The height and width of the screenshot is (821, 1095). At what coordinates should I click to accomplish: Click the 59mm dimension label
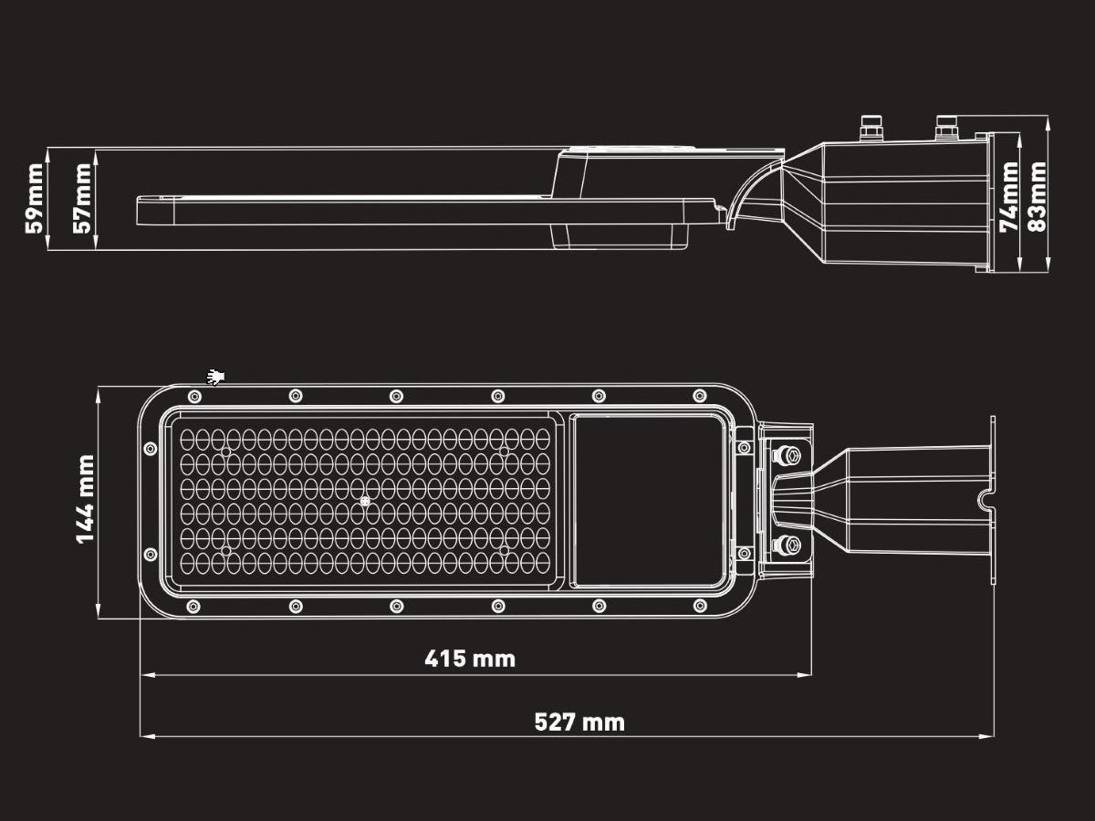35,198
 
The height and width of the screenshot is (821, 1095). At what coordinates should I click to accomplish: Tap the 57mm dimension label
83,198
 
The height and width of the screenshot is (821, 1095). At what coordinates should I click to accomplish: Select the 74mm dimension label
1009,197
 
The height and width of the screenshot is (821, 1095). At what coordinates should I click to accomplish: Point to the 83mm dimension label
1037,197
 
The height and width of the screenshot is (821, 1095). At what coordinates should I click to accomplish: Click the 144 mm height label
86,499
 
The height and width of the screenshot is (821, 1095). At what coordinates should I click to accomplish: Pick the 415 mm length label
470,659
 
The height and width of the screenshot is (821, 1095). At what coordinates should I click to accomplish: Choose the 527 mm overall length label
579,722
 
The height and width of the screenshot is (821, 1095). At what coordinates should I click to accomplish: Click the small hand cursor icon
216,376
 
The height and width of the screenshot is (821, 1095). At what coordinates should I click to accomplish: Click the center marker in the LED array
364,501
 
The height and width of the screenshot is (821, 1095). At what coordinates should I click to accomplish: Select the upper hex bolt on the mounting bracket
786,453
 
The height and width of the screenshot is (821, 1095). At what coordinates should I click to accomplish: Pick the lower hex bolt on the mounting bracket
786,546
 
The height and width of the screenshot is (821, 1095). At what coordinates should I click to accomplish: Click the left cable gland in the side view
872,129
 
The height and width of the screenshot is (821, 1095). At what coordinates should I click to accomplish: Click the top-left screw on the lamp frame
193,396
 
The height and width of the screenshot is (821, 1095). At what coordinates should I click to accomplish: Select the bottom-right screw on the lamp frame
699,605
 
